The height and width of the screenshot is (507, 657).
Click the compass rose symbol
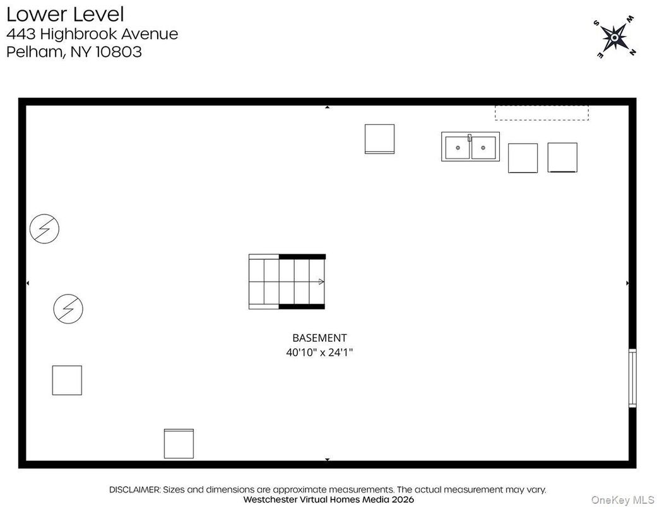pyautogui.click(x=613, y=38)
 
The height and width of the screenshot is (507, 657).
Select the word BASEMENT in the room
pyautogui.click(x=319, y=338)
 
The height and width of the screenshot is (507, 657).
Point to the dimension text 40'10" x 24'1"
pyautogui.click(x=319, y=353)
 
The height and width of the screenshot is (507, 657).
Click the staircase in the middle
pyautogui.click(x=287, y=281)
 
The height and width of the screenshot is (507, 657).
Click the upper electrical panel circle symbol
pyautogui.click(x=44, y=229)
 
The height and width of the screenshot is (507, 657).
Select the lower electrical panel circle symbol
pyautogui.click(x=68, y=308)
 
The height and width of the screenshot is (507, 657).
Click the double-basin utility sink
pyautogui.click(x=470, y=147)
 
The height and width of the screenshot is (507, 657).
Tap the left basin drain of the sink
pyautogui.click(x=458, y=148)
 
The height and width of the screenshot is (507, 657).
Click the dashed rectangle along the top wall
pyautogui.click(x=542, y=113)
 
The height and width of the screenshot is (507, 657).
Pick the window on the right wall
pyautogui.click(x=632, y=378)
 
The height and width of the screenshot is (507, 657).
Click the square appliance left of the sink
pyautogui.click(x=379, y=139)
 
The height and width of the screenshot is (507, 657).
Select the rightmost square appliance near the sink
pyautogui.click(x=562, y=157)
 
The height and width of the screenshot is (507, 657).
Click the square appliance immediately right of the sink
pyautogui.click(x=523, y=158)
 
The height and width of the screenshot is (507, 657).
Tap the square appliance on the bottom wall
pyautogui.click(x=179, y=443)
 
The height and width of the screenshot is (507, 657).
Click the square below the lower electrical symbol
pyautogui.click(x=67, y=380)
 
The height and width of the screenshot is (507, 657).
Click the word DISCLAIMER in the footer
pyautogui.click(x=136, y=489)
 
